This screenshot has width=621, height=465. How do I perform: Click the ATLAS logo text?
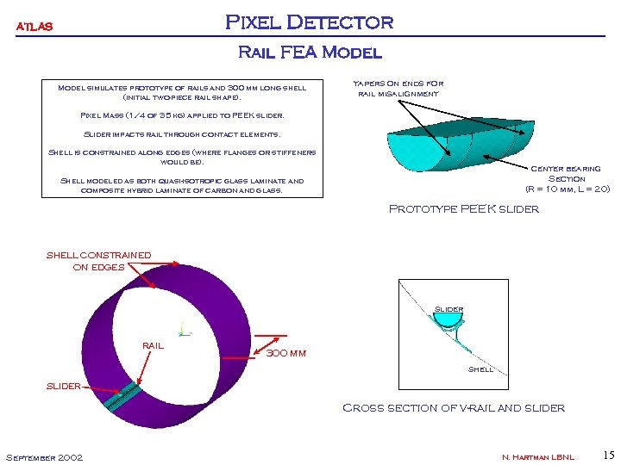(x=34, y=27)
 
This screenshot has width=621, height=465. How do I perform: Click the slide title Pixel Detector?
(x=309, y=22)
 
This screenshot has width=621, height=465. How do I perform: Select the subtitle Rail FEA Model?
(x=309, y=53)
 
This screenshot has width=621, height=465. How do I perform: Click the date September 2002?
(x=44, y=456)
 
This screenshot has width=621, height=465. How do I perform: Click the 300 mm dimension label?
(x=286, y=353)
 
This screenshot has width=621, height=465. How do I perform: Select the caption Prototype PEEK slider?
(x=464, y=208)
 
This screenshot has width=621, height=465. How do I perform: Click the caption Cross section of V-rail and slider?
(x=454, y=407)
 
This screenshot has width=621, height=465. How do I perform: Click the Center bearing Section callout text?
(x=567, y=178)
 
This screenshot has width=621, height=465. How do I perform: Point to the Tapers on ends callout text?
(x=398, y=88)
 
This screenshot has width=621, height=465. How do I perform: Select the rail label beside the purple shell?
(x=152, y=345)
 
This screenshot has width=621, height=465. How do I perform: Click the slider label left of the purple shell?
(x=63, y=386)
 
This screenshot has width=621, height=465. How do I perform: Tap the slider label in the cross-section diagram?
(x=448, y=308)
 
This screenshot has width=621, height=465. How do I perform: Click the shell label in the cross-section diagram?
(x=480, y=369)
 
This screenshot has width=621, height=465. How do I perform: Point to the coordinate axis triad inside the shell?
(x=182, y=328)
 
